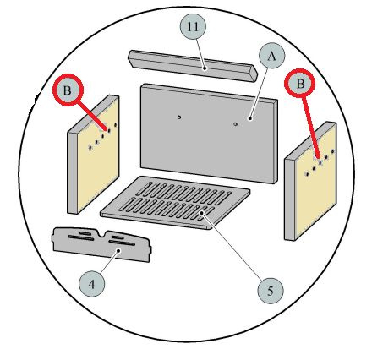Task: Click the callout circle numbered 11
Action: tap(193, 26)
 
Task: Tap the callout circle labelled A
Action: tap(271, 56)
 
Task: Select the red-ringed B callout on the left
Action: tap(68, 90)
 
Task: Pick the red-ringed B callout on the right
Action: tap(300, 84)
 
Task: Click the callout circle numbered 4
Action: tap(92, 284)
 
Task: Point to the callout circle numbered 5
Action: tap(271, 291)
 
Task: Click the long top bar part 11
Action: tap(193, 66)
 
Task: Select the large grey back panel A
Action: tap(209, 133)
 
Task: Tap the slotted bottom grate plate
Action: tap(175, 202)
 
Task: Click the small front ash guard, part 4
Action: tap(101, 244)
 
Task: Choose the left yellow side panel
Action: tap(93, 155)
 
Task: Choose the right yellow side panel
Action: tap(310, 182)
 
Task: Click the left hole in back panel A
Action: tap(179, 117)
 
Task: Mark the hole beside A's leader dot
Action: tap(236, 124)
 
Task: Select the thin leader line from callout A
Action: tap(259, 93)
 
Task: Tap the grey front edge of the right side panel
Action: tap(290, 199)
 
